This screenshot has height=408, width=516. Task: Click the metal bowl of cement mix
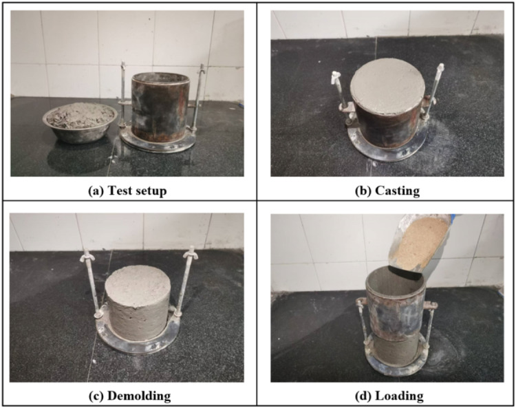pyautogui.click(x=80, y=122)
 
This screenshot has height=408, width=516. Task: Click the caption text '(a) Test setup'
pyautogui.click(x=128, y=191)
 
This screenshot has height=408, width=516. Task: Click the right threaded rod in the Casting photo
pyautogui.click(x=433, y=92)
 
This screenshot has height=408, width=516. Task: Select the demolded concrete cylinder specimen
pyautogui.click(x=138, y=302)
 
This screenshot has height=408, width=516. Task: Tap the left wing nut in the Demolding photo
pyautogui.click(x=86, y=256)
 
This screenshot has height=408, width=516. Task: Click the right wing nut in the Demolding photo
pyautogui.click(x=190, y=252)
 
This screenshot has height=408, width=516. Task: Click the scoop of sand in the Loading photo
pyautogui.click(x=420, y=243)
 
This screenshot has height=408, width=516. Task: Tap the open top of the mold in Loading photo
pyautogui.click(x=395, y=278)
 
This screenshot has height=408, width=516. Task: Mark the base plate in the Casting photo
pyautogui.click(x=387, y=150)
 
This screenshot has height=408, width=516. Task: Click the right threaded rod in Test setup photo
pyautogui.click(x=198, y=98)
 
